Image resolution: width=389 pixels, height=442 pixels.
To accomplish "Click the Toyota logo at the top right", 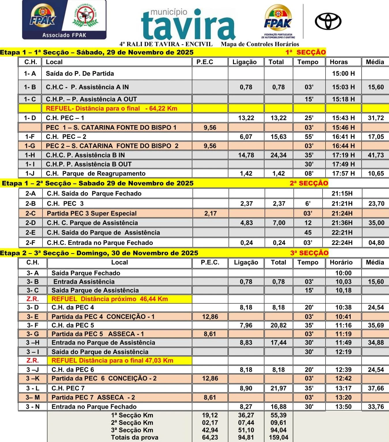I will click(x=328, y=21).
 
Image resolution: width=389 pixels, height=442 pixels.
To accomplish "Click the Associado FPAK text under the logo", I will click(x=64, y=35).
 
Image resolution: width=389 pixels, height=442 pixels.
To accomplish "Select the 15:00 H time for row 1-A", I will click(x=343, y=73).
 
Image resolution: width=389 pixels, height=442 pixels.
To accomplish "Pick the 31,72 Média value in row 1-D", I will click(x=376, y=118).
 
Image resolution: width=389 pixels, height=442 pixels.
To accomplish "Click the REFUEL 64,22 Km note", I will click(x=112, y=109).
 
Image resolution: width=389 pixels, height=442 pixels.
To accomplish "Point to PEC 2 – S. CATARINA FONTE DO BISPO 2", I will click(x=112, y=146).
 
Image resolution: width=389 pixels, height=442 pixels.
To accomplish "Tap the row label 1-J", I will click(x=30, y=173).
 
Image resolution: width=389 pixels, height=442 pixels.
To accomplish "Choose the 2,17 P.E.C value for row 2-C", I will click(x=210, y=213).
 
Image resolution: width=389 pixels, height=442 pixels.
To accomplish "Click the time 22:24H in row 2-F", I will click(x=342, y=243).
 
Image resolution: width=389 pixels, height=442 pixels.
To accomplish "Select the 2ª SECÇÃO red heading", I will click(x=309, y=183).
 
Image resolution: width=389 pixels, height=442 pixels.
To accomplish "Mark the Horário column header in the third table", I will click(x=341, y=262).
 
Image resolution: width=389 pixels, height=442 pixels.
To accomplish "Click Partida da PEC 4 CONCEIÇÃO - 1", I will click(x=103, y=317).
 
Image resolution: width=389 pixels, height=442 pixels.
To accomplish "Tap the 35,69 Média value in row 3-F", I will click(x=376, y=325).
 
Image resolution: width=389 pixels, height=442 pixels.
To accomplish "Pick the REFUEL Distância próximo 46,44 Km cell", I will click(x=110, y=299).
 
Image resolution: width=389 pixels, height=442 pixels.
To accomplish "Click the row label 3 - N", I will click(x=33, y=407).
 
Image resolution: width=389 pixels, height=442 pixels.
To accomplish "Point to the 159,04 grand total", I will click(x=278, y=437).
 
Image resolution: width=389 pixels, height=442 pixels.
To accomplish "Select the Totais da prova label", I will click(x=135, y=437).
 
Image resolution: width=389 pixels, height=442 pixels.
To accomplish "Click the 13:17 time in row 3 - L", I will click(x=343, y=388).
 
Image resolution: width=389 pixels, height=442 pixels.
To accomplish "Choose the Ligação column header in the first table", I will click(x=245, y=62).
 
